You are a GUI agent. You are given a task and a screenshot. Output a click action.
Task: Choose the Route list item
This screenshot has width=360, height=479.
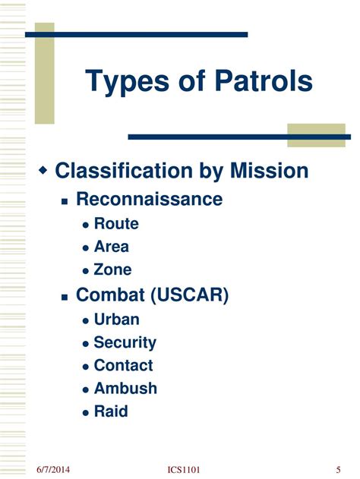116,224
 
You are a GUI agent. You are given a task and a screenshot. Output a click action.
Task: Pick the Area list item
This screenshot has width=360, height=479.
112,247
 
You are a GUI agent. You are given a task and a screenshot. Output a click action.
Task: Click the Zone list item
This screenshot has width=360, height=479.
112,269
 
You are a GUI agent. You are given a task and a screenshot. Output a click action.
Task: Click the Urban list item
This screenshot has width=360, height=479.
117,320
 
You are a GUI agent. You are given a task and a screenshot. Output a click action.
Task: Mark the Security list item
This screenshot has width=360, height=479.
125,343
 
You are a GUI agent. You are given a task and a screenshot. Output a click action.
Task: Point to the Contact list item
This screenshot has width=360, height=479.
123,366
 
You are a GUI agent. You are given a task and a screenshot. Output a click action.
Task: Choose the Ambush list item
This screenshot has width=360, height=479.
125,389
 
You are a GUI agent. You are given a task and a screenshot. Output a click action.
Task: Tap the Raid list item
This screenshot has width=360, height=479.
111,411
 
